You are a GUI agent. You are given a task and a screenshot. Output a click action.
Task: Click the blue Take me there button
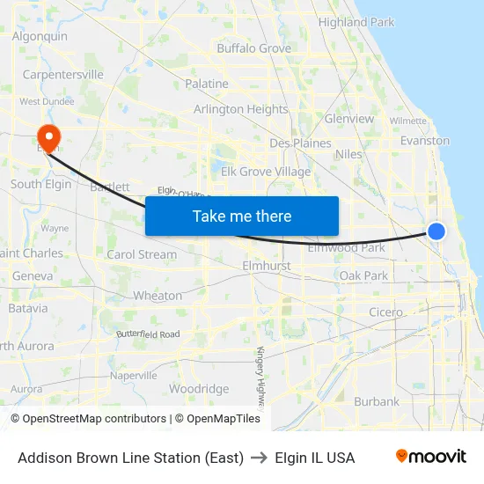242,216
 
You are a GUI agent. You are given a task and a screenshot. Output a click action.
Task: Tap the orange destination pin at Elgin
47,137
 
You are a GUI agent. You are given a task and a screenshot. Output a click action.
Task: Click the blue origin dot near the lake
436,231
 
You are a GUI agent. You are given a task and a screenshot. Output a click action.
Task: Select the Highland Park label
356,22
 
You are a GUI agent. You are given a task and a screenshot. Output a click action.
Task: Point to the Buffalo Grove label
253,48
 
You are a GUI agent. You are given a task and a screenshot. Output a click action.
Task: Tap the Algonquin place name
40,37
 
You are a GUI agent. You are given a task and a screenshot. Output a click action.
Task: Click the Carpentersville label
62,75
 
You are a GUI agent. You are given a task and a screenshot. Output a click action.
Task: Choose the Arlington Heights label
240,109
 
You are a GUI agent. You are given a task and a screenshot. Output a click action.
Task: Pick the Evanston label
424,140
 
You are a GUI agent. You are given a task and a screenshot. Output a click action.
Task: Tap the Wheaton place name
158,296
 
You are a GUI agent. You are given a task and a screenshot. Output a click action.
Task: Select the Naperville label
134,375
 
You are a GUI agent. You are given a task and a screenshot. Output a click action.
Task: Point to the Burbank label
376,401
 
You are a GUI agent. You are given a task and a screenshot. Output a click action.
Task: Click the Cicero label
385,312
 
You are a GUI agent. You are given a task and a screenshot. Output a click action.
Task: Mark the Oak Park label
363,275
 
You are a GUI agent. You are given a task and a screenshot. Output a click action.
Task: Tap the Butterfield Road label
148,334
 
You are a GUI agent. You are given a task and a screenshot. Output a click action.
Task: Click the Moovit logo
430,457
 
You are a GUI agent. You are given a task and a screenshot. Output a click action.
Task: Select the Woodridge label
199,389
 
